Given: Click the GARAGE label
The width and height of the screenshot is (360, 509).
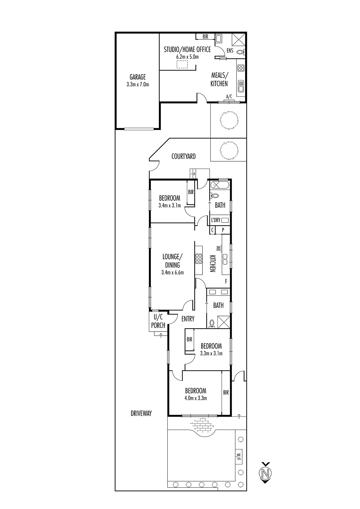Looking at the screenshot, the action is [138, 77].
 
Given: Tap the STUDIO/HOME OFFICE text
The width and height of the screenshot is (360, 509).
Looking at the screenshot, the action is [187, 50].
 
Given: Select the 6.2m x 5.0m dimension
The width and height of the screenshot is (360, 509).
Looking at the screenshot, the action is [187, 57].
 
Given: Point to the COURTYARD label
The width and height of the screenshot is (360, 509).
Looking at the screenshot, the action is [184, 156].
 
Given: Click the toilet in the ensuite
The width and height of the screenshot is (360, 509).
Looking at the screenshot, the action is [240, 52].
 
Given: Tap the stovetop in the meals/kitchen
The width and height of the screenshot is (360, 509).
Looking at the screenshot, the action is [241, 68].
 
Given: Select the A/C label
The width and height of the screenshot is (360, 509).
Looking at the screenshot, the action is [229, 97].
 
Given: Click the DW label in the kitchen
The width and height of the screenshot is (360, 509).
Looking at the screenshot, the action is [219, 248].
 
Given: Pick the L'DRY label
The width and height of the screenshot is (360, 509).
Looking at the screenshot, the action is [216, 220].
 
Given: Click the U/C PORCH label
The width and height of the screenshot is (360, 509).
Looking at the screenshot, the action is [158, 321].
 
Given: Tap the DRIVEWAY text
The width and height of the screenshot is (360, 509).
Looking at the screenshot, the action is [141, 413].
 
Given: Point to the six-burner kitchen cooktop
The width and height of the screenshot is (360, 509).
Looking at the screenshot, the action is [199, 258].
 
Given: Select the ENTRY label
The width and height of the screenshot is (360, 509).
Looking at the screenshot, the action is [188, 319].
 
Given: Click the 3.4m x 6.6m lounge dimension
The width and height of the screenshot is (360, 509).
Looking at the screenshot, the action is [173, 272].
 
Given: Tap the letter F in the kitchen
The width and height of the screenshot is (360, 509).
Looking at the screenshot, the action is [226, 281].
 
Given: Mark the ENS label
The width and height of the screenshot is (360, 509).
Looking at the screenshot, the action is [230, 51].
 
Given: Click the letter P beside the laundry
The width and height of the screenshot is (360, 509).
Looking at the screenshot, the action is [223, 230].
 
